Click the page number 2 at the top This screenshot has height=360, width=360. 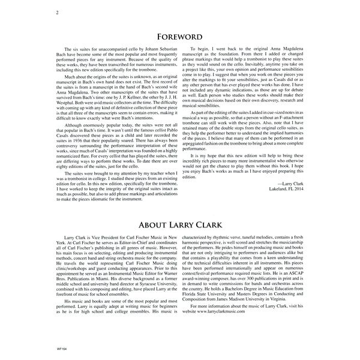[x=56, y=11]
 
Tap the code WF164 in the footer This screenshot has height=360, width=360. [x=58, y=350]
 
